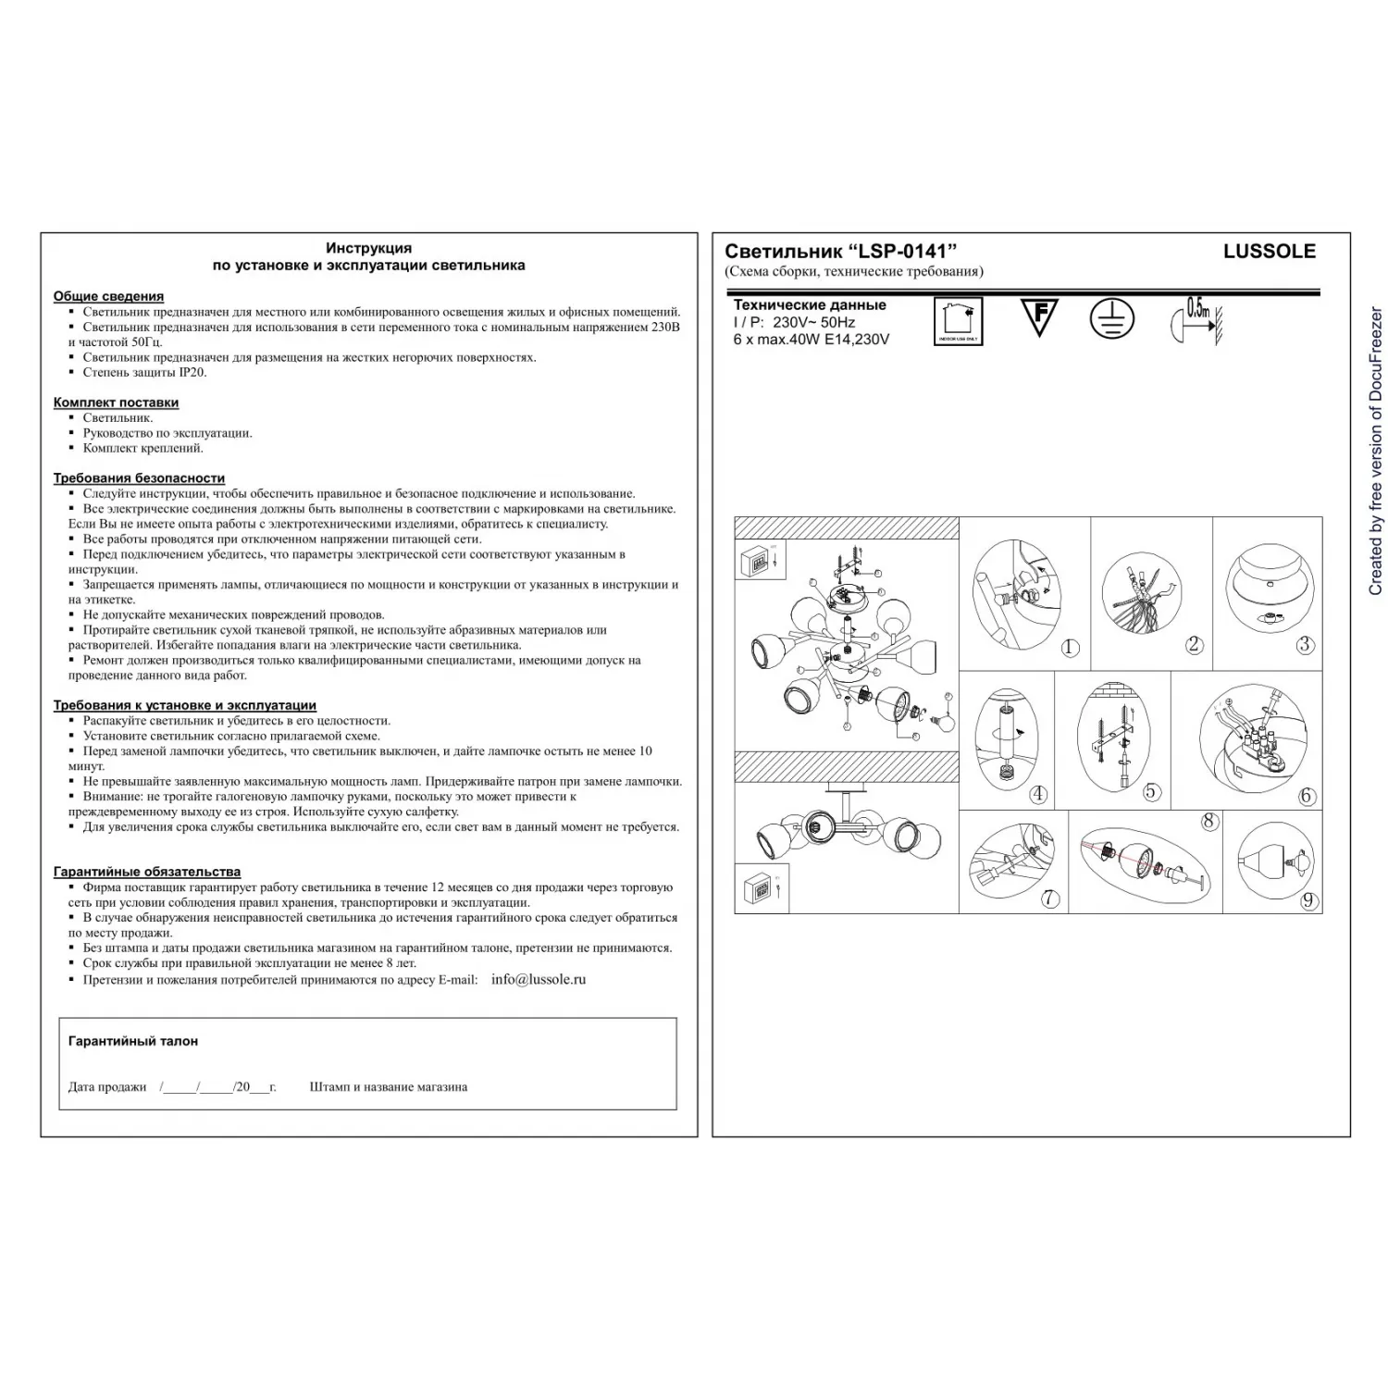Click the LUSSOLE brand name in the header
1269,251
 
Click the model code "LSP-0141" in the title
903,251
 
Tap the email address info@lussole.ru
539,979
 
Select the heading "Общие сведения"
108,296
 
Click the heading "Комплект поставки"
116,403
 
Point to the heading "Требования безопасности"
139,478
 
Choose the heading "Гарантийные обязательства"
146,872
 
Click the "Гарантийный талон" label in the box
133,1041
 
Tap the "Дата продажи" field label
107,1087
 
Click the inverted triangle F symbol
1038,316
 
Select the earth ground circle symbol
1110,318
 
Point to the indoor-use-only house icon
958,321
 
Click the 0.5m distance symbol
1195,320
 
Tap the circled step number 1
1070,648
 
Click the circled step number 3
1305,645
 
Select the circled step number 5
1151,792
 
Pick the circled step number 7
1049,898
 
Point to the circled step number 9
1307,900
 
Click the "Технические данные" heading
810,304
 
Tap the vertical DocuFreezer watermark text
1375,452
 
